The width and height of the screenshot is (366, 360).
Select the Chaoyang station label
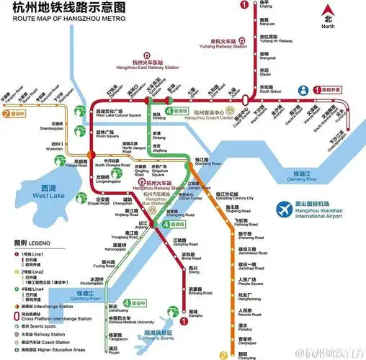(246, 357)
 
